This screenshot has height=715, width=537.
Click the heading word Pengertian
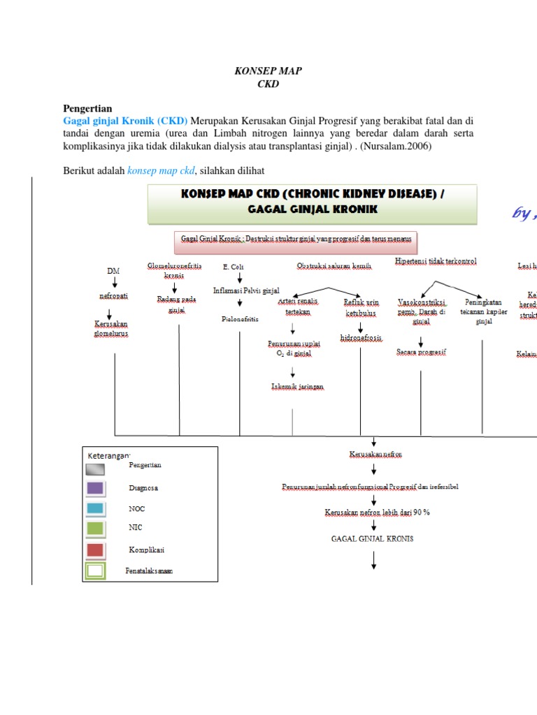point(87,108)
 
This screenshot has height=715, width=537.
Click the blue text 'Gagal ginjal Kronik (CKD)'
point(125,120)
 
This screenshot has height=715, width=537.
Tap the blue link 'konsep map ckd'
point(161,171)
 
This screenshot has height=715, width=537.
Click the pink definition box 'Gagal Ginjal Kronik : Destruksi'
point(294,239)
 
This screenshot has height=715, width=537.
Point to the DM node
point(113,270)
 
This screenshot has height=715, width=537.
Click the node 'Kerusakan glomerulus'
point(111,328)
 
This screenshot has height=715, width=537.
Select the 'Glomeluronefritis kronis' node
point(174,270)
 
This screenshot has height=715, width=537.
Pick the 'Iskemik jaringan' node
point(297,386)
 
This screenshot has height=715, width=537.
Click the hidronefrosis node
point(361,338)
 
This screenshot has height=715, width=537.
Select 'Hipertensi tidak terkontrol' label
point(436,260)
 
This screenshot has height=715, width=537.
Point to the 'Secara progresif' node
point(421,352)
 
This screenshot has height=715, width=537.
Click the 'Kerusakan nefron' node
point(375,455)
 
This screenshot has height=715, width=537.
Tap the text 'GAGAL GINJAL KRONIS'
point(372,538)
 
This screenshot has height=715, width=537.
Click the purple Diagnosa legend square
point(95,488)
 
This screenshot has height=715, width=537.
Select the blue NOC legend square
point(95,509)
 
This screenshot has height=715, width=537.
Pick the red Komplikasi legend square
point(95,550)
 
